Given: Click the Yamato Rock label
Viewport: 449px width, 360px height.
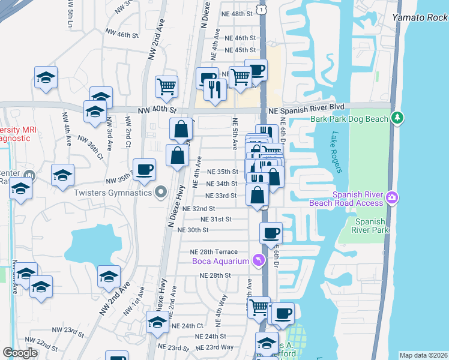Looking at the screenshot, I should pos(420,17).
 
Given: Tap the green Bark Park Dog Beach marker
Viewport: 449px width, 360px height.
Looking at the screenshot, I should pos(396,119).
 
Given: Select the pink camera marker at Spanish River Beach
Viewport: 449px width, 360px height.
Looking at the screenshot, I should pos(392,197).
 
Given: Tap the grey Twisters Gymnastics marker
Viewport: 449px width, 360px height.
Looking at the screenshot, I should pos(160,193).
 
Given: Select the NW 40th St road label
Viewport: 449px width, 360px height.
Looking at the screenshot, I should pos(158,111).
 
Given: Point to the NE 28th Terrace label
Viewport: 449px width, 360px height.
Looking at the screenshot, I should pos(214,252).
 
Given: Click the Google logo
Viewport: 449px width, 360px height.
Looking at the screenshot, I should pos(20,353).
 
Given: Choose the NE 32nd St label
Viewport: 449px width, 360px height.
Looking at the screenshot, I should pos(198,209).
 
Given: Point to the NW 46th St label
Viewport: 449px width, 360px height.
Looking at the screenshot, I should pos(119,35).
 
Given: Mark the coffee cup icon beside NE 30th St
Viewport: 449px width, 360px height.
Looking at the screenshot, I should pos(271,232).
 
